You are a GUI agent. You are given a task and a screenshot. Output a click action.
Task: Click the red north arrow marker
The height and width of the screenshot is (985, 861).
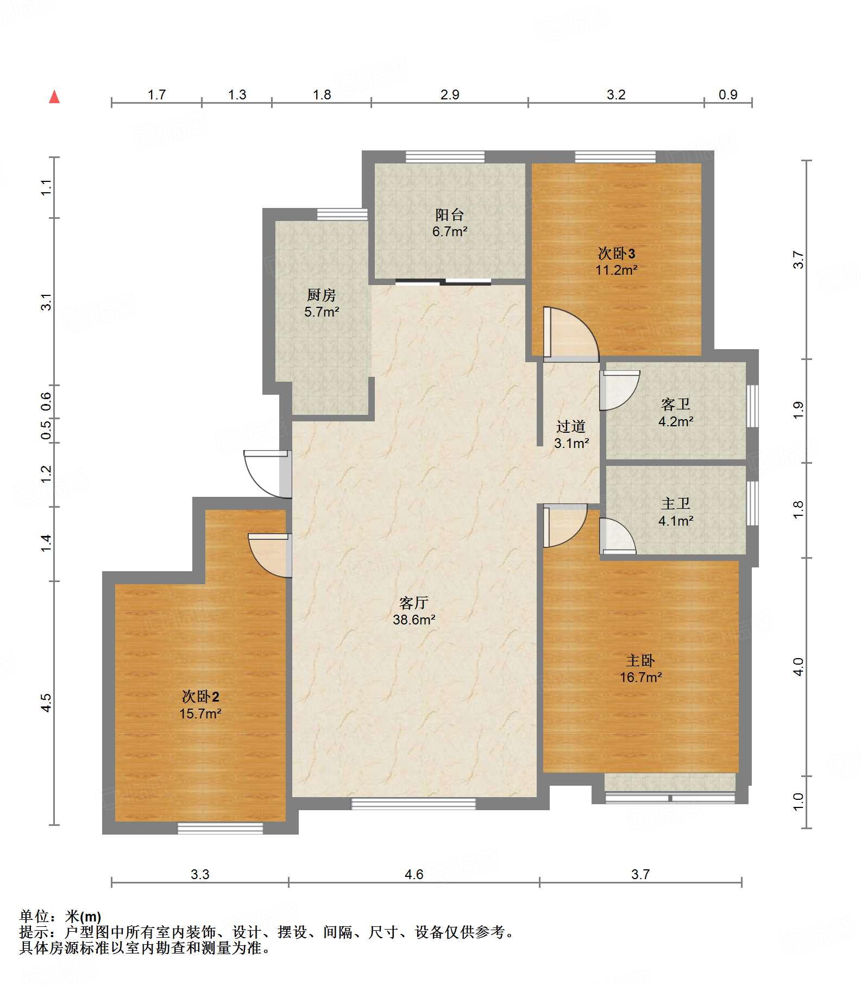pyautogui.click(x=54, y=97)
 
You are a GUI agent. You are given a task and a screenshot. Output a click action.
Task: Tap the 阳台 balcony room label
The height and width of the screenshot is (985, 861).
pyautogui.click(x=449, y=215)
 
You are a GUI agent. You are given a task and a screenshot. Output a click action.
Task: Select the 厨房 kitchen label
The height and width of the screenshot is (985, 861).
pyautogui.click(x=322, y=295)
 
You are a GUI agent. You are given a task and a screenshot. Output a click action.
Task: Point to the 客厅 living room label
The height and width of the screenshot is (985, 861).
pyautogui.click(x=414, y=603)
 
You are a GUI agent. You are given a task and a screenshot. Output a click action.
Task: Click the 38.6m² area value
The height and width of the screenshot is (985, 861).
pyautogui.click(x=414, y=620)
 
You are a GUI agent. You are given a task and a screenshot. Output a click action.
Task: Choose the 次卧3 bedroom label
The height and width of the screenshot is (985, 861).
pyautogui.click(x=617, y=253)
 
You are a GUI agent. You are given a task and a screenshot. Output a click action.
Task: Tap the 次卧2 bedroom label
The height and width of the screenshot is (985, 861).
pyautogui.click(x=200, y=697)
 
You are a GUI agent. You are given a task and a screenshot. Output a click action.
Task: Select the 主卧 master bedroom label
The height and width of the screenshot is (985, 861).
pyautogui.click(x=640, y=660)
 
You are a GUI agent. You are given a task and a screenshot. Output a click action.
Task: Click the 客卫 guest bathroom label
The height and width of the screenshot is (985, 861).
pyautogui.click(x=676, y=404)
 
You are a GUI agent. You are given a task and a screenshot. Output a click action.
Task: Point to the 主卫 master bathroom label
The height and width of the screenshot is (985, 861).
pyautogui.click(x=676, y=504)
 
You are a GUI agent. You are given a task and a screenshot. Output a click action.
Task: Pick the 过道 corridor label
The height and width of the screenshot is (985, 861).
pyautogui.click(x=571, y=426)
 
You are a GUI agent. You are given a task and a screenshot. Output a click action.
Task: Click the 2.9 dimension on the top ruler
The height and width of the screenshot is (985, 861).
pyautogui.click(x=450, y=95)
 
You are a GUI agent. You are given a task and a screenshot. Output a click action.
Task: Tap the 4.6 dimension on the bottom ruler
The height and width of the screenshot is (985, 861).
pyautogui.click(x=414, y=875)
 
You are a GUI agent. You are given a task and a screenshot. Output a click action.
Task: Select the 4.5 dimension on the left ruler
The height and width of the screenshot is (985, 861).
pyautogui.click(x=47, y=703)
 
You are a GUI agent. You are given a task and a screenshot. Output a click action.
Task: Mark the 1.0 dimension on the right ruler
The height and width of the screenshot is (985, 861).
pyautogui.click(x=798, y=802)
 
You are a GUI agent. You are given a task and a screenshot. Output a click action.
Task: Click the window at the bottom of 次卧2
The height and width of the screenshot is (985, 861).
pyautogui.click(x=220, y=828)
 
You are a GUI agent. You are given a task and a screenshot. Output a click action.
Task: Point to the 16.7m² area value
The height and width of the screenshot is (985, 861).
pyautogui.click(x=641, y=677)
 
